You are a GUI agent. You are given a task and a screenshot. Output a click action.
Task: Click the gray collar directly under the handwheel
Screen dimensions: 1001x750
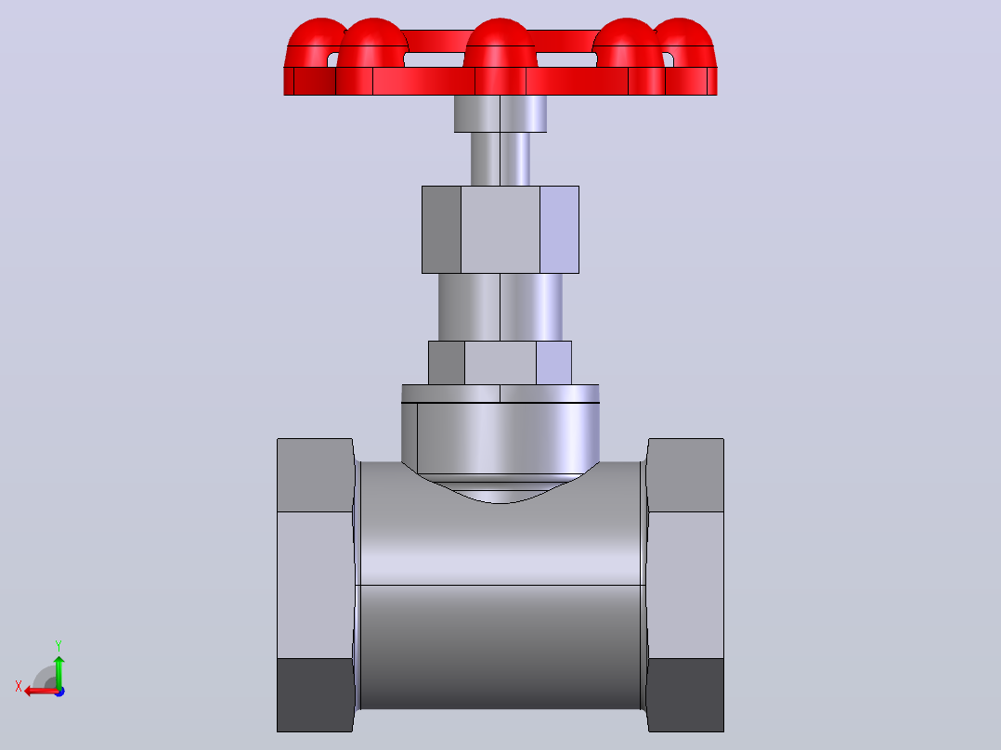(x=500, y=113)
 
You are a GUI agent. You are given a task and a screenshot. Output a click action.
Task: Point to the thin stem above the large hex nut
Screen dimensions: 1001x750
(x=500, y=159)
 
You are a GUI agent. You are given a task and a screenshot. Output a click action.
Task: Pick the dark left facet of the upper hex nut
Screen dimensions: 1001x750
(x=441, y=230)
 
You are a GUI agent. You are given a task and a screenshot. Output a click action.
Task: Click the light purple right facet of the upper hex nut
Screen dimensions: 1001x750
(x=559, y=230)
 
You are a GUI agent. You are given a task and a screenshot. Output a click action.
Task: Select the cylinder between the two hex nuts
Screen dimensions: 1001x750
(x=500, y=307)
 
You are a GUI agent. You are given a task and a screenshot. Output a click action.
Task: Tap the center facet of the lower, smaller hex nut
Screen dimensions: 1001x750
(x=500, y=363)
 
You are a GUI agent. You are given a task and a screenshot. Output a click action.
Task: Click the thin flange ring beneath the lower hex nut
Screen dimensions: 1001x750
(x=500, y=394)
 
